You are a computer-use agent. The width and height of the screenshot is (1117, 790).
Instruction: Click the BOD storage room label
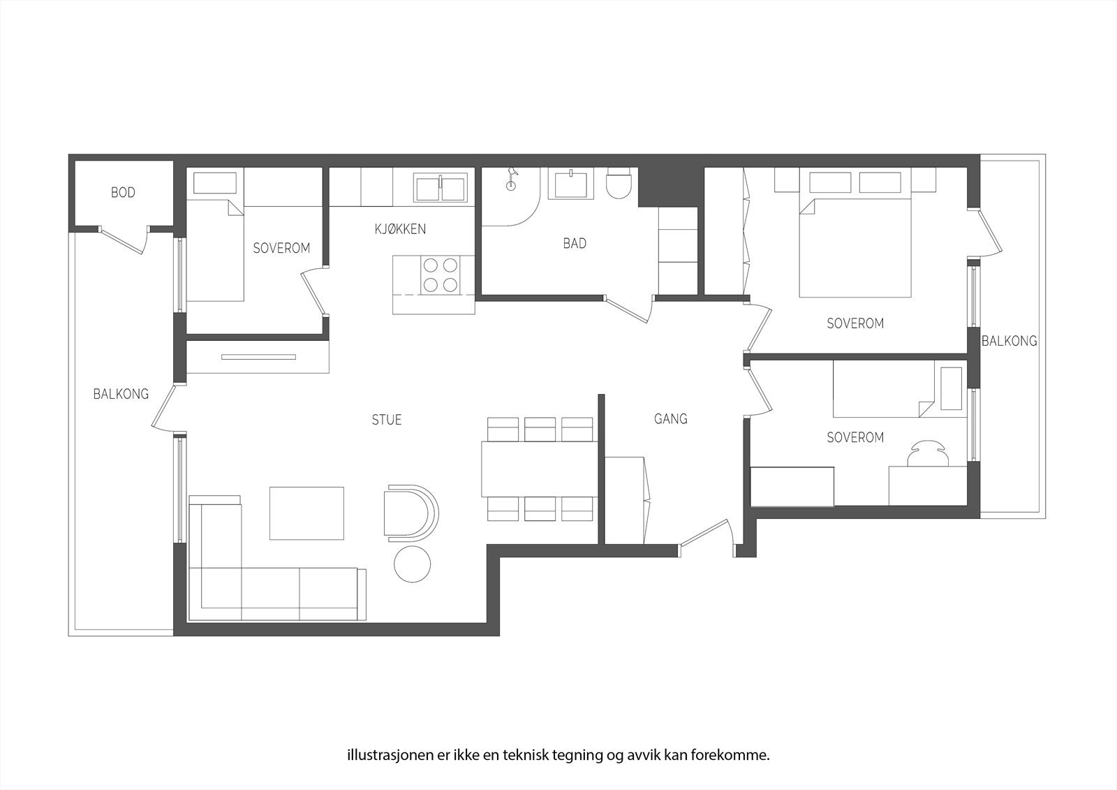pyautogui.click(x=123, y=192)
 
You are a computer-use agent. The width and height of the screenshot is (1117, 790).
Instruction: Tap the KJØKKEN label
pyautogui.click(x=400, y=229)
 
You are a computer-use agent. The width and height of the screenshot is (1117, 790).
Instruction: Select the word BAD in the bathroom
pyautogui.click(x=575, y=244)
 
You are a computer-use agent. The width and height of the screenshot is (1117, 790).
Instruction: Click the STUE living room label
pyautogui.click(x=386, y=420)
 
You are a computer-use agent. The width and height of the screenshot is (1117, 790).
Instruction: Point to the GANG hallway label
pyautogui.click(x=670, y=419)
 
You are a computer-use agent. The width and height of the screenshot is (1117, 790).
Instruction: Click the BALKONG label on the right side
pyautogui.click(x=1009, y=341)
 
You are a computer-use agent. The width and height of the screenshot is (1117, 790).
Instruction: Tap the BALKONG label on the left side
pyautogui.click(x=121, y=394)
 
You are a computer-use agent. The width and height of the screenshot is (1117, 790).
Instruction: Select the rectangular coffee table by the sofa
pyautogui.click(x=307, y=513)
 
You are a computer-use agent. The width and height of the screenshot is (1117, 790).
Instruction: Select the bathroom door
pyautogui.click(x=628, y=308)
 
